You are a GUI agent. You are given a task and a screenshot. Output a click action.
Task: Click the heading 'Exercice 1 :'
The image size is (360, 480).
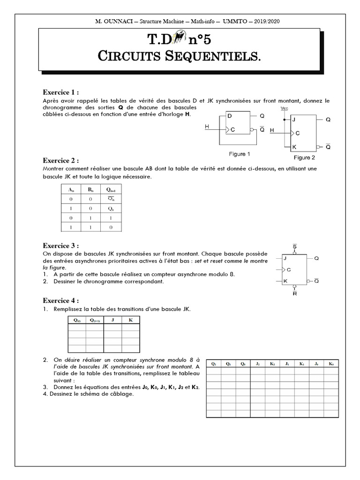(x=60, y=92)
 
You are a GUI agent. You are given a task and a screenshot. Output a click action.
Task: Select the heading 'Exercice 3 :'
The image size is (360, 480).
(x=60, y=246)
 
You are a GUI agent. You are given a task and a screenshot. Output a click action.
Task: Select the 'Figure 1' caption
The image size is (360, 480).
(x=239, y=154)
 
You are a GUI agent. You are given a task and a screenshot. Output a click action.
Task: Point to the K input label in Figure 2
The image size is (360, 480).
(x=294, y=147)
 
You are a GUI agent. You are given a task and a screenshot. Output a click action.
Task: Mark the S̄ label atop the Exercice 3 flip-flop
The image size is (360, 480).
(x=294, y=246)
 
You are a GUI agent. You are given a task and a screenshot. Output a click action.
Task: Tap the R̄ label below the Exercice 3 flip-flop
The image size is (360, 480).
(x=294, y=294)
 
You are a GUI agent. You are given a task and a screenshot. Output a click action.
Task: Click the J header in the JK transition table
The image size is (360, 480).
(x=112, y=320)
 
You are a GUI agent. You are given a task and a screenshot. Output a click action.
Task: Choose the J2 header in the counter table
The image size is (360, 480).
(x=258, y=363)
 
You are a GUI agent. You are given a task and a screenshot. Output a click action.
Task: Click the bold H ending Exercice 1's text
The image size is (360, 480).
(x=188, y=114)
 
